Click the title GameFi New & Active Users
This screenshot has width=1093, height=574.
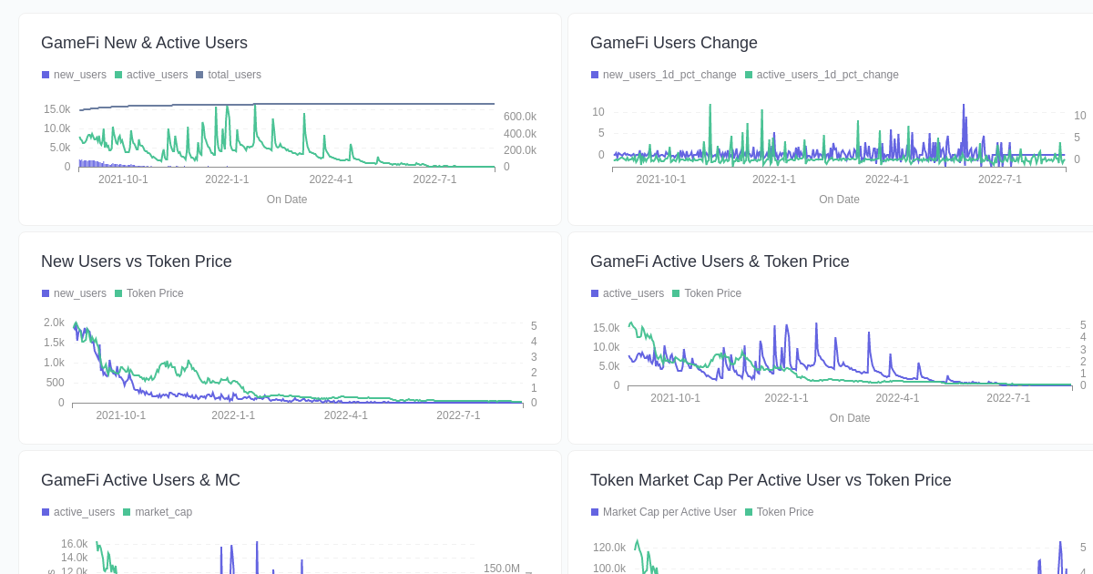pyautogui.click(x=144, y=43)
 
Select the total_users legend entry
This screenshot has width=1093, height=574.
pyautogui.click(x=233, y=75)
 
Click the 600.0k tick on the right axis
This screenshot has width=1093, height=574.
pyautogui.click(x=519, y=117)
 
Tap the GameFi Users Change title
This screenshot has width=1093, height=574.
pyautogui.click(x=673, y=43)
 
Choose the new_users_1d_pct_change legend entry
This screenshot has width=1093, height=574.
pyautogui.click(x=669, y=75)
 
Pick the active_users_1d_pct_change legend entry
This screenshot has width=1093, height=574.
pyautogui.click(x=827, y=75)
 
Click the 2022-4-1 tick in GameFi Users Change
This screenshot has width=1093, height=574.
pyautogui.click(x=886, y=179)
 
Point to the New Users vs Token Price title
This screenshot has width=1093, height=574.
pyautogui.click(x=136, y=261)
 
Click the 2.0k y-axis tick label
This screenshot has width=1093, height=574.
pyautogui.click(x=54, y=323)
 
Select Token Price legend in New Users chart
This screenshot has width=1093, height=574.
pyautogui.click(x=154, y=293)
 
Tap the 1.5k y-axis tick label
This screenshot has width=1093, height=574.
pyautogui.click(x=54, y=343)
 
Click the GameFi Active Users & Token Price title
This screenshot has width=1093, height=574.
pyautogui.click(x=719, y=261)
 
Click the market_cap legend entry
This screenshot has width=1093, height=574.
pyautogui.click(x=163, y=512)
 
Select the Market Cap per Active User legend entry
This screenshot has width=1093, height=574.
pyautogui.click(x=669, y=512)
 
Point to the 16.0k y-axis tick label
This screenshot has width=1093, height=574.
pyautogui.click(x=74, y=544)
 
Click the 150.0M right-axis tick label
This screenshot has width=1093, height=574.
pyautogui.click(x=501, y=569)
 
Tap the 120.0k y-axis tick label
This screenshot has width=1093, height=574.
pyautogui.click(x=608, y=548)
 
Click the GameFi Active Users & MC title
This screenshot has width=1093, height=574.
pyautogui.click(x=140, y=480)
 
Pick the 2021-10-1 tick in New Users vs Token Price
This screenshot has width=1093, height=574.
pyautogui.click(x=120, y=415)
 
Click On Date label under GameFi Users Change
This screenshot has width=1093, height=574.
pyautogui.click(x=838, y=200)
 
